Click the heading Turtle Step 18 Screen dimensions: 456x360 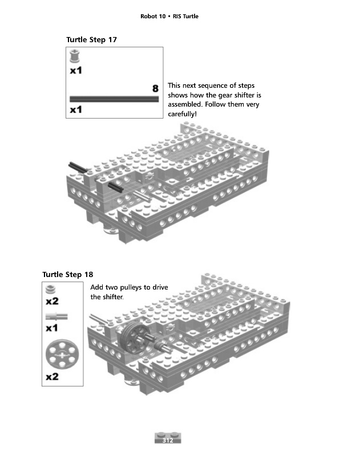[68, 274]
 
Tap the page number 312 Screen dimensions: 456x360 [168, 441]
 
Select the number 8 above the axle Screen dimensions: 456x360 [155, 88]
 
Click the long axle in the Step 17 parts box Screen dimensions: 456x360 [114, 99]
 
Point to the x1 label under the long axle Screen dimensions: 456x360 [76, 109]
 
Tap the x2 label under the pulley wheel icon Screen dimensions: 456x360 [53, 377]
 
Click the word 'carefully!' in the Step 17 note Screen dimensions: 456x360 [182, 114]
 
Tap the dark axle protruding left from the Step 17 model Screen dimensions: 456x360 [77, 167]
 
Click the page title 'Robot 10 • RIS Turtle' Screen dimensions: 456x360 [169, 16]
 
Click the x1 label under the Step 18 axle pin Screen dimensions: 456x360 [52, 328]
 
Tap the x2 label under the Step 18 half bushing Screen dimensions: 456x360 [52, 300]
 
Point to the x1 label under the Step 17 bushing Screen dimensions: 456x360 [76, 71]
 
